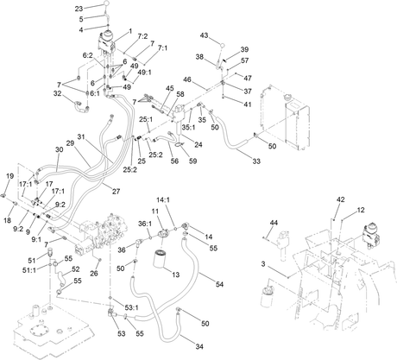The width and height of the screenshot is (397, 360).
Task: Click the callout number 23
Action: tap(79, 9)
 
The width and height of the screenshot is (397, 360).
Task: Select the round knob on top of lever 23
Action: tap(106, 3)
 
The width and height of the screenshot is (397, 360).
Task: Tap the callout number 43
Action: tap(204, 35)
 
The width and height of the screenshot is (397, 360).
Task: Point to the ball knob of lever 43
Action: tap(223, 45)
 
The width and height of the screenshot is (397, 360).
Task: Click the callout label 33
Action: tap(256, 161)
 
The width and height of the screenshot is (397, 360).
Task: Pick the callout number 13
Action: tap(175, 275)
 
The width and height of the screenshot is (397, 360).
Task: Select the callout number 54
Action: tap(219, 284)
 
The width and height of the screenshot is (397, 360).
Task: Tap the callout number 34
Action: tap(199, 346)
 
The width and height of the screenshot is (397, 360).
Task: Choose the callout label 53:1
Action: tap(132, 308)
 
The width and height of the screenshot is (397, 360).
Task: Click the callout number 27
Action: tap(116, 191)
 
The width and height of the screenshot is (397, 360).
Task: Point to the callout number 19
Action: tap(9, 176)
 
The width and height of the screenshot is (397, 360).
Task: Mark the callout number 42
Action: tap(341, 199)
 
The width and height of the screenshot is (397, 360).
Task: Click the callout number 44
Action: tap(274, 223)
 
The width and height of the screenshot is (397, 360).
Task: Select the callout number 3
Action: tap(263, 263)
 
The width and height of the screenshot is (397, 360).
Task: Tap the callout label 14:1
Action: tap(163, 199)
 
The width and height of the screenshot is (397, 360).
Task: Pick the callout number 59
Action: tap(192, 161)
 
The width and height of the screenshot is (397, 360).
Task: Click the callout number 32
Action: tap(58, 93)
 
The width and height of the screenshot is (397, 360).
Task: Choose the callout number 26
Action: tap(94, 273)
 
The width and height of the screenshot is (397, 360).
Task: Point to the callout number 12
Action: tap(361, 210)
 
